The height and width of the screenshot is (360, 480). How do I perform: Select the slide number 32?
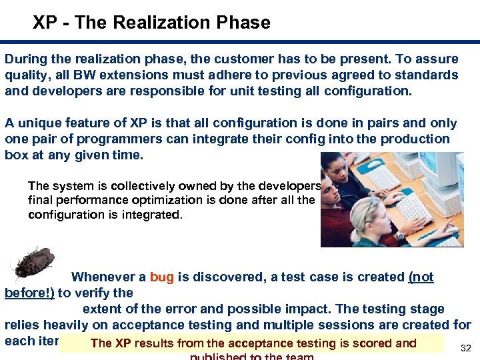pos(466,348)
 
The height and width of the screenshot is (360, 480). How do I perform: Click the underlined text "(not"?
pos(421,277)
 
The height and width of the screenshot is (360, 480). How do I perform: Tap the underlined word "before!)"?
pos(29,293)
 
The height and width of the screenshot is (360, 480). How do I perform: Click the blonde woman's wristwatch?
pos(400,235)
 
